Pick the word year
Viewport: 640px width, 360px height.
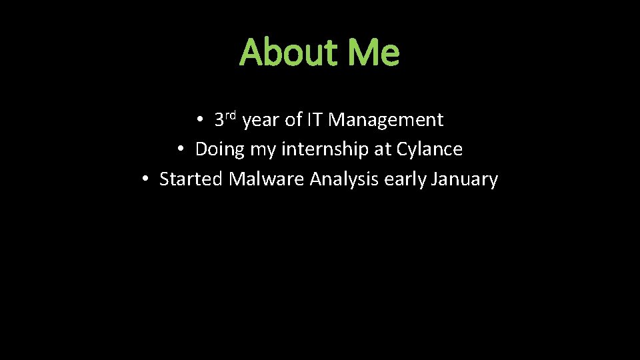[261, 121]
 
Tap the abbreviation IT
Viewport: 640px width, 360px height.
[315, 120]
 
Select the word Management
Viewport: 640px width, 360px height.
[386, 121]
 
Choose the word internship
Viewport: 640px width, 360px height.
[325, 150]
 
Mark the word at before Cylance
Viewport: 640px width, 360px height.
[383, 150]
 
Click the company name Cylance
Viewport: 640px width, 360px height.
[429, 150]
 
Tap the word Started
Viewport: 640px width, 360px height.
[191, 179]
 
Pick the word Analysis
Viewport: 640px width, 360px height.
[345, 180]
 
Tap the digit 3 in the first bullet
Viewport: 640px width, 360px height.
[219, 121]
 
